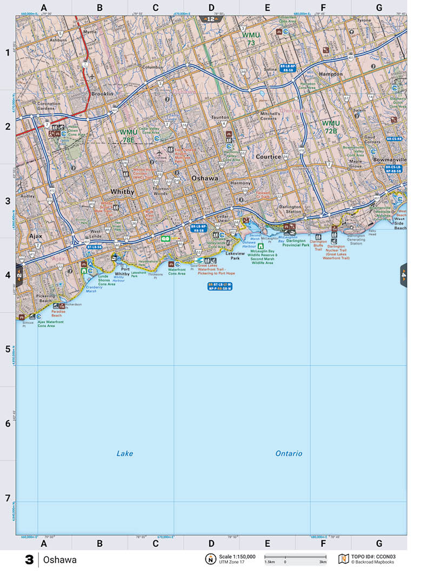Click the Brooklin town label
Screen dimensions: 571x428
point(102,94)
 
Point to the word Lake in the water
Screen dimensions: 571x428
point(125,453)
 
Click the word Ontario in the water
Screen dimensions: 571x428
point(289,453)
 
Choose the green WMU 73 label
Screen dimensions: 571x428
point(251,38)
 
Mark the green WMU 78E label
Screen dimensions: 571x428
point(129,135)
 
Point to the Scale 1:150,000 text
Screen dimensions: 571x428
point(237,556)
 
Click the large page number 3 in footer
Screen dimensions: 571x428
point(29,560)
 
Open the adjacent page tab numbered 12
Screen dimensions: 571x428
point(211,19)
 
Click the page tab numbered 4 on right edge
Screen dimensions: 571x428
point(403,275)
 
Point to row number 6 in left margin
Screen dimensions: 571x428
point(8,423)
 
